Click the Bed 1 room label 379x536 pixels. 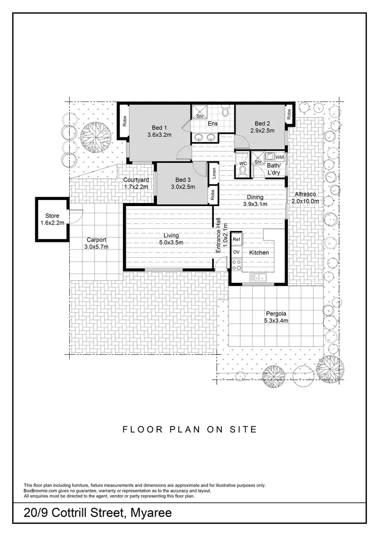(x=160, y=127)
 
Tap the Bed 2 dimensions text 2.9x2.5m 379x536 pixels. (x=262, y=131)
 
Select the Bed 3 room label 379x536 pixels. (x=183, y=180)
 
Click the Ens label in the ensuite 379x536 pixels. (x=213, y=124)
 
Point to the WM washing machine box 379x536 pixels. (x=279, y=158)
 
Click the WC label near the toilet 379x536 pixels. (x=242, y=163)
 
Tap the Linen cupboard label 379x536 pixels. (x=214, y=173)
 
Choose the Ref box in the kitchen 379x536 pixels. (x=236, y=239)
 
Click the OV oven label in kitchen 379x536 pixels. (x=236, y=252)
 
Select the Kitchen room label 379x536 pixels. (x=259, y=252)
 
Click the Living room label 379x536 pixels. (x=171, y=235)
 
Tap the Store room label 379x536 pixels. (x=52, y=216)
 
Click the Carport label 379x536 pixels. (x=96, y=240)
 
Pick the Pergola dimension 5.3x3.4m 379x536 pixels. (x=276, y=320)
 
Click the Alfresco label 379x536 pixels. (x=306, y=194)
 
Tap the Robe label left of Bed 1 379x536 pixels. (x=124, y=121)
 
